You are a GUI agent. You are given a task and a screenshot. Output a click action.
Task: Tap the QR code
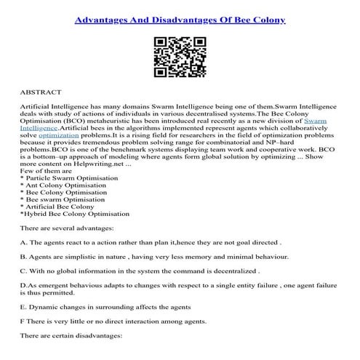coord(179,57)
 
